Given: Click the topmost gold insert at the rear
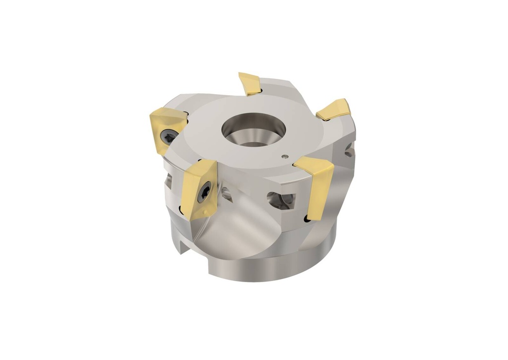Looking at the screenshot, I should [x=249, y=83].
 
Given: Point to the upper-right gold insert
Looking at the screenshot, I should [x=334, y=109].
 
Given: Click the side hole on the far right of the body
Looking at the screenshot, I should [x=350, y=149].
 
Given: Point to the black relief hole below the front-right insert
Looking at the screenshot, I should [x=303, y=218].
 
